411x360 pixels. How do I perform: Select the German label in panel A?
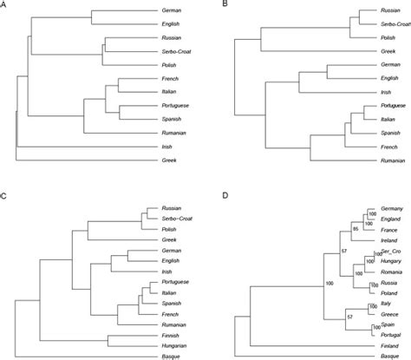[173, 11]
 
